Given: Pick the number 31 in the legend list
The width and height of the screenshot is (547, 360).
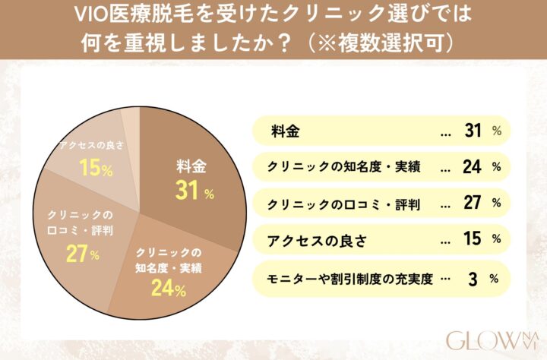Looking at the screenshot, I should click(473, 131).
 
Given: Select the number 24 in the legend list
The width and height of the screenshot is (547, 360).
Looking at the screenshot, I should click(473, 166).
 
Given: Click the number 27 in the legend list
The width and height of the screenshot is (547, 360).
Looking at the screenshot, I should click(473, 203).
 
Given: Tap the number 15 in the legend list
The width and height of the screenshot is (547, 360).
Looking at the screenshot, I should click(473, 240).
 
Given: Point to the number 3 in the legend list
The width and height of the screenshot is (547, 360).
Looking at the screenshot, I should click(473, 278).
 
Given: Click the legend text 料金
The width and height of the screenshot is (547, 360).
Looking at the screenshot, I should click(284, 131).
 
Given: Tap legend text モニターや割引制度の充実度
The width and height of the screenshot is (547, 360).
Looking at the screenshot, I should click(349, 278).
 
